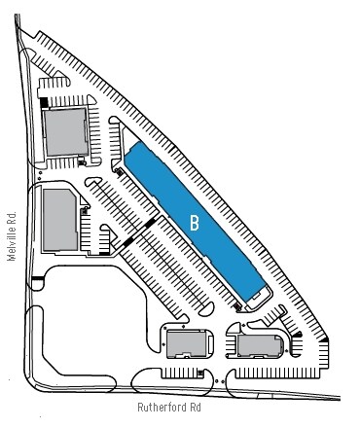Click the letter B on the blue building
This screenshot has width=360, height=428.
tap(195, 223)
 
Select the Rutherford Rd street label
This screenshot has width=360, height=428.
tap(174, 410)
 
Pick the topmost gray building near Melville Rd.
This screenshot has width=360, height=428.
tap(65, 132)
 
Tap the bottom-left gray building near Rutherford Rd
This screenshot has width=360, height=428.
tap(185, 344)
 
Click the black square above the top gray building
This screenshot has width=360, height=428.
tap(44, 99)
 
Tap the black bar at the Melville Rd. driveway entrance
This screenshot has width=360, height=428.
tap(37, 280)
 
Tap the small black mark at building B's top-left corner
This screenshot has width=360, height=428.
tap(119, 171)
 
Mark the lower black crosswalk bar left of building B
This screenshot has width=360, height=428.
tap(129, 242)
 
